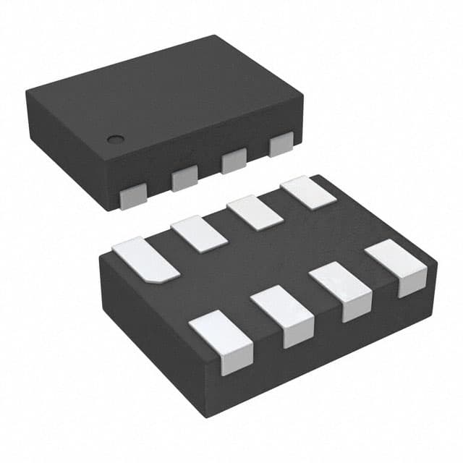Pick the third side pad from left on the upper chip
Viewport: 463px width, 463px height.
pos(234,161)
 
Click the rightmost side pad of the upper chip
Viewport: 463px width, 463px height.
pos(281,145)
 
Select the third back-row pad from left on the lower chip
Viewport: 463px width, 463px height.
pos(255,213)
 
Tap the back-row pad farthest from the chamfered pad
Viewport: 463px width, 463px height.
pos(307,193)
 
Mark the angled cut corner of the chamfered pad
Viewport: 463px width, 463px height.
pos(168,276)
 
